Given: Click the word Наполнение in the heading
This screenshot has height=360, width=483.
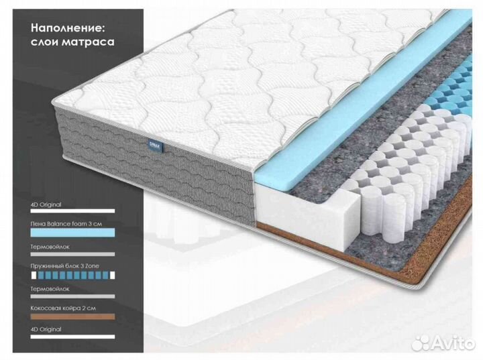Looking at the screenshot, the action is click(x=68, y=28).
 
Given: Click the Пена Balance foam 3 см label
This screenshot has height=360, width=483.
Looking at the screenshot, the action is click(x=66, y=224).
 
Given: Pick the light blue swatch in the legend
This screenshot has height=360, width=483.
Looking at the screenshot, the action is click(x=72, y=233).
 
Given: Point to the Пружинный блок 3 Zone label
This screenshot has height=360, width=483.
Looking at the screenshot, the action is click(x=64, y=266).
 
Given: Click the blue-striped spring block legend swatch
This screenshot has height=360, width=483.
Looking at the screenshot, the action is click(x=72, y=275).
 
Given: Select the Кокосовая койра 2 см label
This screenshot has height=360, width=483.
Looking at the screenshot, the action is click(x=63, y=308).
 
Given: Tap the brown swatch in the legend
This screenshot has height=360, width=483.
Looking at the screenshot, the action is click(x=72, y=316).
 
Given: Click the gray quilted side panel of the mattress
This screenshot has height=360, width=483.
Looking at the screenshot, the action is click(x=154, y=166).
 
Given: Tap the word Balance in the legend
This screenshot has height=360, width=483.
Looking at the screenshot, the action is click(x=58, y=224).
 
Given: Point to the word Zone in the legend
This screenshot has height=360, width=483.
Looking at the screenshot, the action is click(x=93, y=266).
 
